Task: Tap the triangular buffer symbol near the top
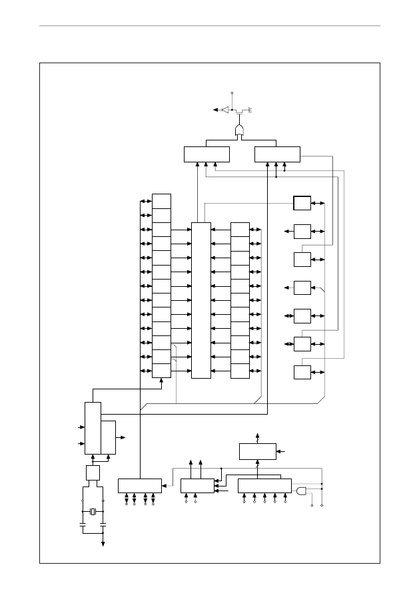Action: (x=225, y=109)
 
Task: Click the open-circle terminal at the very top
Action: (x=232, y=93)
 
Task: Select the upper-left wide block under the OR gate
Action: (x=207, y=154)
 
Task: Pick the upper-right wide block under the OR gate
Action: (x=277, y=154)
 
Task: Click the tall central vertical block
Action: (x=201, y=300)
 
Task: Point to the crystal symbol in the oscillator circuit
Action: (x=93, y=511)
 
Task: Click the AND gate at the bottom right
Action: (x=302, y=491)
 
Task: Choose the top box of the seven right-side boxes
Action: (x=302, y=203)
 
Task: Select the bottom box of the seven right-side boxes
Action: (x=302, y=373)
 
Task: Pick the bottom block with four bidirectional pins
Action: (x=139, y=485)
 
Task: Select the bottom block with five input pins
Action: (x=264, y=485)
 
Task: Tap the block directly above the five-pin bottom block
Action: (x=258, y=451)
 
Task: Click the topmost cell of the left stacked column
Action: (x=161, y=201)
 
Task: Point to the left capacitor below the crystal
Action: (x=83, y=525)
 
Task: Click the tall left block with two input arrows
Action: (x=93, y=429)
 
